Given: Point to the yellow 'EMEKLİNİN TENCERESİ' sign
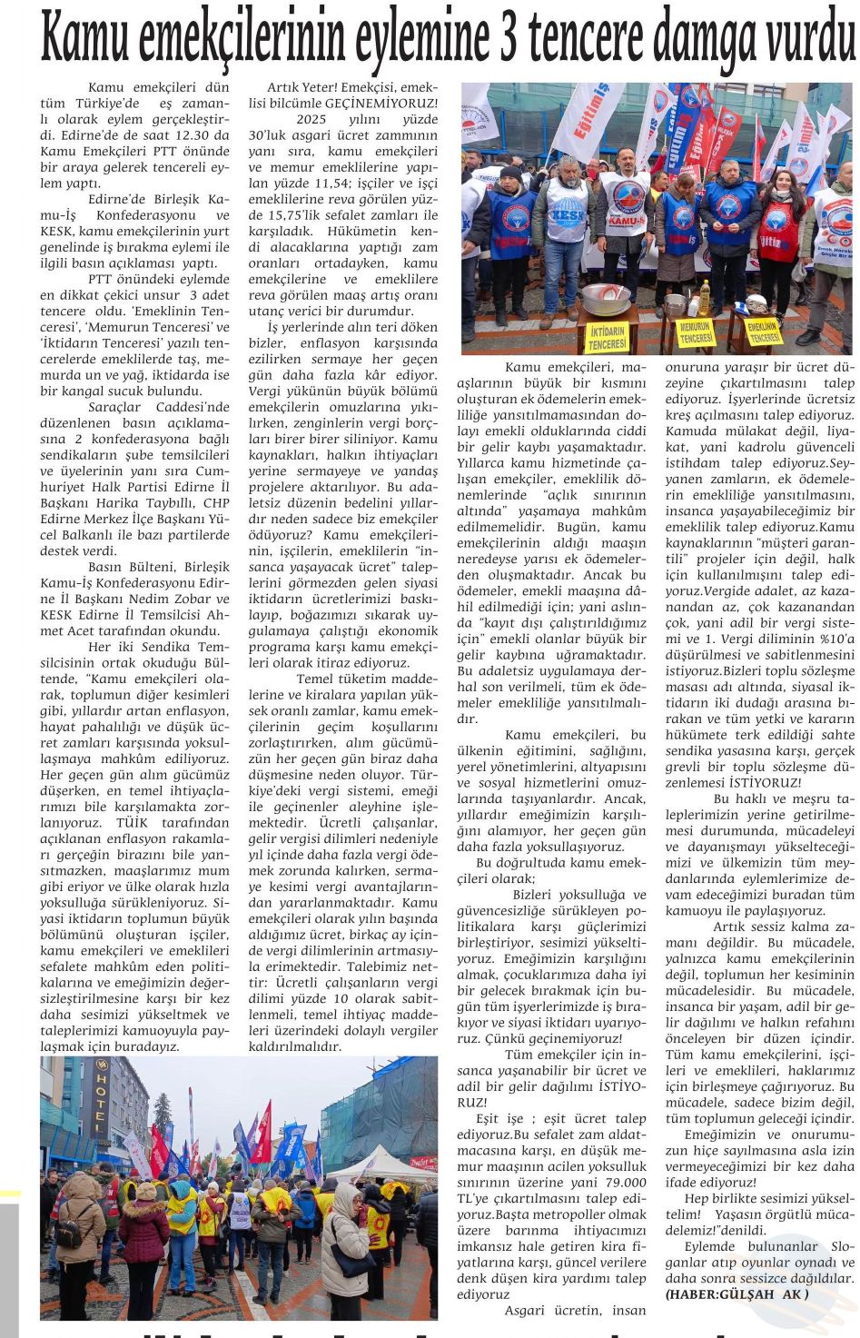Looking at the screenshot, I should pos(763,332).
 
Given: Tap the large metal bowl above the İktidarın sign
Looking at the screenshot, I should pos(606,300).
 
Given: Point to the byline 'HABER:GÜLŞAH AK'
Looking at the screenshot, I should pos(736,1294).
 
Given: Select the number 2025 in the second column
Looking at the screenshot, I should pos(311,119).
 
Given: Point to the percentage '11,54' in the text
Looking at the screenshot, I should pos(327,183).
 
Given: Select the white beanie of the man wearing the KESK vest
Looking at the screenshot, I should pos(568,162).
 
